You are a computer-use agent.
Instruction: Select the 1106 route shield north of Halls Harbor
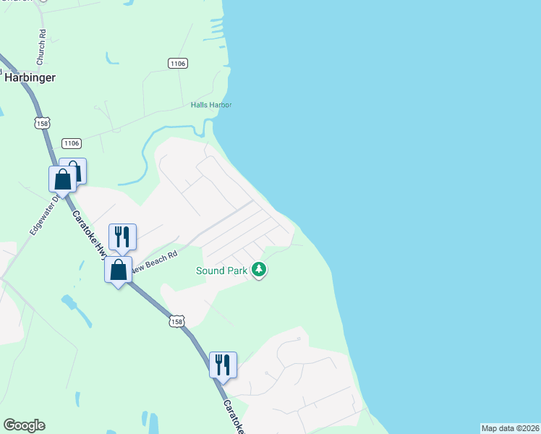coord(178,64)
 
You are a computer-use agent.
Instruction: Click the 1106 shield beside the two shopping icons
coord(71,143)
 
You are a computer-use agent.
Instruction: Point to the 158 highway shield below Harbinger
coord(42,123)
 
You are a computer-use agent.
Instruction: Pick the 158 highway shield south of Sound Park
coord(176,320)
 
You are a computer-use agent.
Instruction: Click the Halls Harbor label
coord(211,105)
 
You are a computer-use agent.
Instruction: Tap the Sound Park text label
coord(222,271)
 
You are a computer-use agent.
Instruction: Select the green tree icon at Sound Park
coord(259,271)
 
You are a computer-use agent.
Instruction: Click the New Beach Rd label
coord(155,260)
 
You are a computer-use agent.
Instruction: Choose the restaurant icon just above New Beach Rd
coord(122,236)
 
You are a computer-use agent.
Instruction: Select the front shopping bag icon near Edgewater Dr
coord(63,179)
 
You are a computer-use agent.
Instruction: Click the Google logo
coord(24,425)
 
